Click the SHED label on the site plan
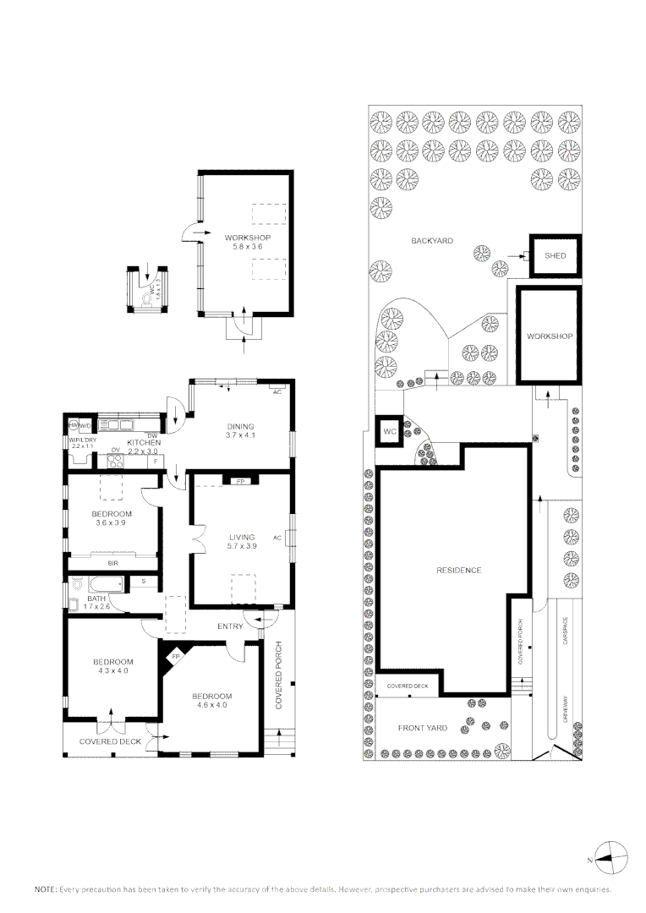[x=555, y=256]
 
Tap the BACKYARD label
[x=432, y=241]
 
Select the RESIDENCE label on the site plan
[x=458, y=570]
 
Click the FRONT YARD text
[x=423, y=728]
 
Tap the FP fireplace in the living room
[x=239, y=481]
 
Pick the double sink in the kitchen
[x=118, y=425]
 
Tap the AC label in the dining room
[x=276, y=392]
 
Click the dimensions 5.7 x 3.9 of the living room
[x=242, y=546]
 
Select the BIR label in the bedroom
[x=112, y=562]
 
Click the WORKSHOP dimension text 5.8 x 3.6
[x=247, y=247]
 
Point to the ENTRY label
[x=229, y=626]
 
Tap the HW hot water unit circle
[x=74, y=425]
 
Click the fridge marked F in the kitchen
[x=155, y=462]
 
